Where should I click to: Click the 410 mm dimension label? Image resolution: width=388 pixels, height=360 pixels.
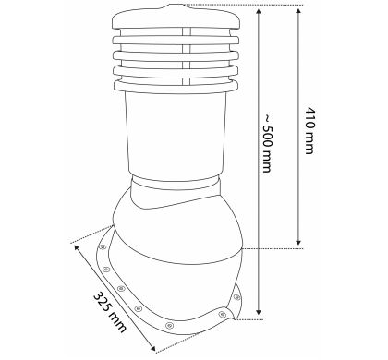click(x=309, y=130)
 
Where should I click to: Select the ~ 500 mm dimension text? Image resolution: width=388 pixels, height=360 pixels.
click(x=267, y=143)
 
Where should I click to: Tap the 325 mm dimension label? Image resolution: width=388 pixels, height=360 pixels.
click(x=109, y=312)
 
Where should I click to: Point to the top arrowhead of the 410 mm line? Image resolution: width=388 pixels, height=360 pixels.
click(x=297, y=12)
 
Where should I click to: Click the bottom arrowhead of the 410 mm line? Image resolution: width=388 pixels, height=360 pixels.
click(x=297, y=242)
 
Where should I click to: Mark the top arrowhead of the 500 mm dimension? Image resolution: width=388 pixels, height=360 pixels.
click(x=259, y=12)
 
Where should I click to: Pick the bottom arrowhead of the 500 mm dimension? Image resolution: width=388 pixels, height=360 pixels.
click(x=259, y=311)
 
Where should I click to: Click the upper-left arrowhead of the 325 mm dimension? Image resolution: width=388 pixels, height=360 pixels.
click(x=77, y=247)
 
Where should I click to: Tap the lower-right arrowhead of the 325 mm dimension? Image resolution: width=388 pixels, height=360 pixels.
click(x=152, y=348)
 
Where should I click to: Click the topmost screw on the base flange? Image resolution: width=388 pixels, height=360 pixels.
click(x=103, y=247)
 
